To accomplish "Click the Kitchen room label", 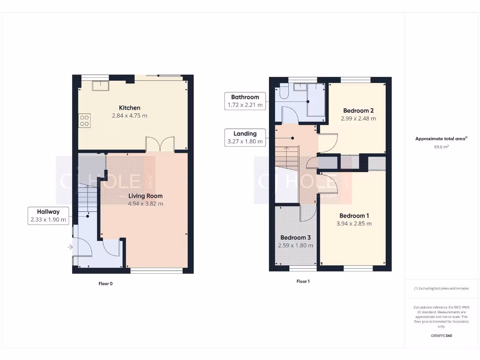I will point(129,108).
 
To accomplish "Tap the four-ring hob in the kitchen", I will point(84,120).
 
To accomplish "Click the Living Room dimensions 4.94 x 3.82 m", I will point(145,204).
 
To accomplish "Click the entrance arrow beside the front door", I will point(70,247).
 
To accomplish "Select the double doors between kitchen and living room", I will point(160,144).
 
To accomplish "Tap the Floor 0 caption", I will point(105,284).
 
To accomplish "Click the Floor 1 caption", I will point(303,281).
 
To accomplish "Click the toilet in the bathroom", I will point(283,93).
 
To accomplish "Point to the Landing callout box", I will point(245,137).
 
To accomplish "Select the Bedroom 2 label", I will point(358,111).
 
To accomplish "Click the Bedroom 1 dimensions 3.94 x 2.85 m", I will point(354,224).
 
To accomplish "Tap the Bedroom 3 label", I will point(295,238).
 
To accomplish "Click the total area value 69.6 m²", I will point(441,147).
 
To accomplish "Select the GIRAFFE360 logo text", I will point(441,336).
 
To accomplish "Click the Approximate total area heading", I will point(441,139).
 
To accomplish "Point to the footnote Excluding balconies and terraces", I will point(441,289).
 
